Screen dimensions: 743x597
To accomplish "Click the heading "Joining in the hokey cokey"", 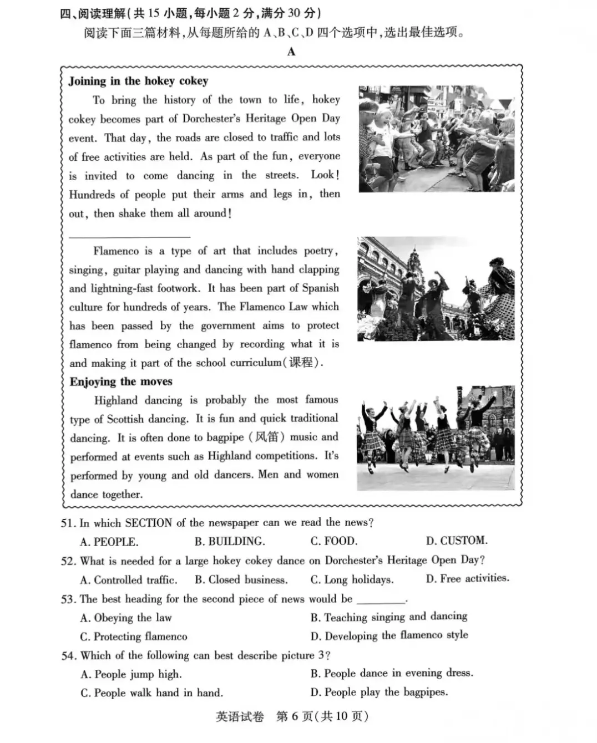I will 138,81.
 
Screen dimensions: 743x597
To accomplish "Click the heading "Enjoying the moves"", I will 121,381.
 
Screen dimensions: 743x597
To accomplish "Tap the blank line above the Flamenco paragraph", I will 129,237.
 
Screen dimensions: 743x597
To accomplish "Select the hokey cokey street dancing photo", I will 436,139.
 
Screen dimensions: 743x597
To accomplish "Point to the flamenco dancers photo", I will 436,288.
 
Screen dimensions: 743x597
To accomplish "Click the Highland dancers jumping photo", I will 436,438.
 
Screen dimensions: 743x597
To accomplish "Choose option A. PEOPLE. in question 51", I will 109,542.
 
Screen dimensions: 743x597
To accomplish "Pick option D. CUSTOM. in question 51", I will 457,541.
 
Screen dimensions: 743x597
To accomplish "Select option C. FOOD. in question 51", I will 334,541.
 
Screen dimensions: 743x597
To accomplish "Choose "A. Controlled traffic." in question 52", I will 129,580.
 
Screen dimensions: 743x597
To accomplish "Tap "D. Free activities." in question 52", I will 467,578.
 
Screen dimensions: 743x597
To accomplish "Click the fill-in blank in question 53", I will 381,600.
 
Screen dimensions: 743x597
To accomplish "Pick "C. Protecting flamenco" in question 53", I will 133,637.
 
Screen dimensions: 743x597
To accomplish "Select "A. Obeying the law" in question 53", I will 126,618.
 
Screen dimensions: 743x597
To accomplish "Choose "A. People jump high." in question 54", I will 131,674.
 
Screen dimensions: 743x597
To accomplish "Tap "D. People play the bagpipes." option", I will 379,692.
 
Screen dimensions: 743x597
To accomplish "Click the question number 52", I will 68,561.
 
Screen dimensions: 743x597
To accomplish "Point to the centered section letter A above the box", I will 291,52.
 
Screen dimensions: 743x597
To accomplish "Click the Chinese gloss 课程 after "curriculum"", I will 304,363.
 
